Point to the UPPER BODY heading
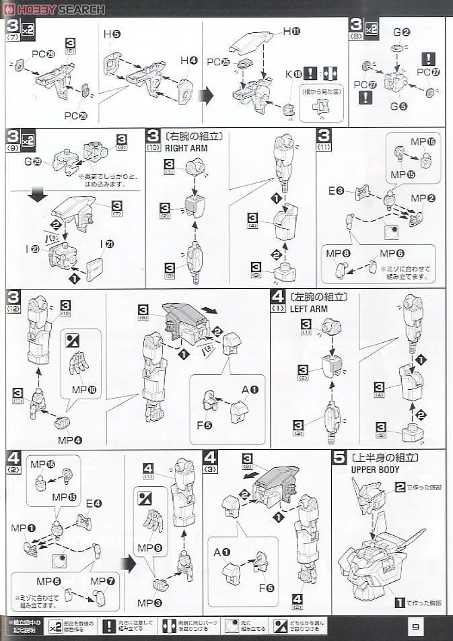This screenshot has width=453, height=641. click(x=375, y=469)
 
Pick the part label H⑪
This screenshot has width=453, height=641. click(x=291, y=32)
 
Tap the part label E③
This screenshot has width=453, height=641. click(x=337, y=192)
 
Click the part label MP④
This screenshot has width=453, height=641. click(x=69, y=440)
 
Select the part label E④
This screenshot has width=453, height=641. click(x=94, y=503)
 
